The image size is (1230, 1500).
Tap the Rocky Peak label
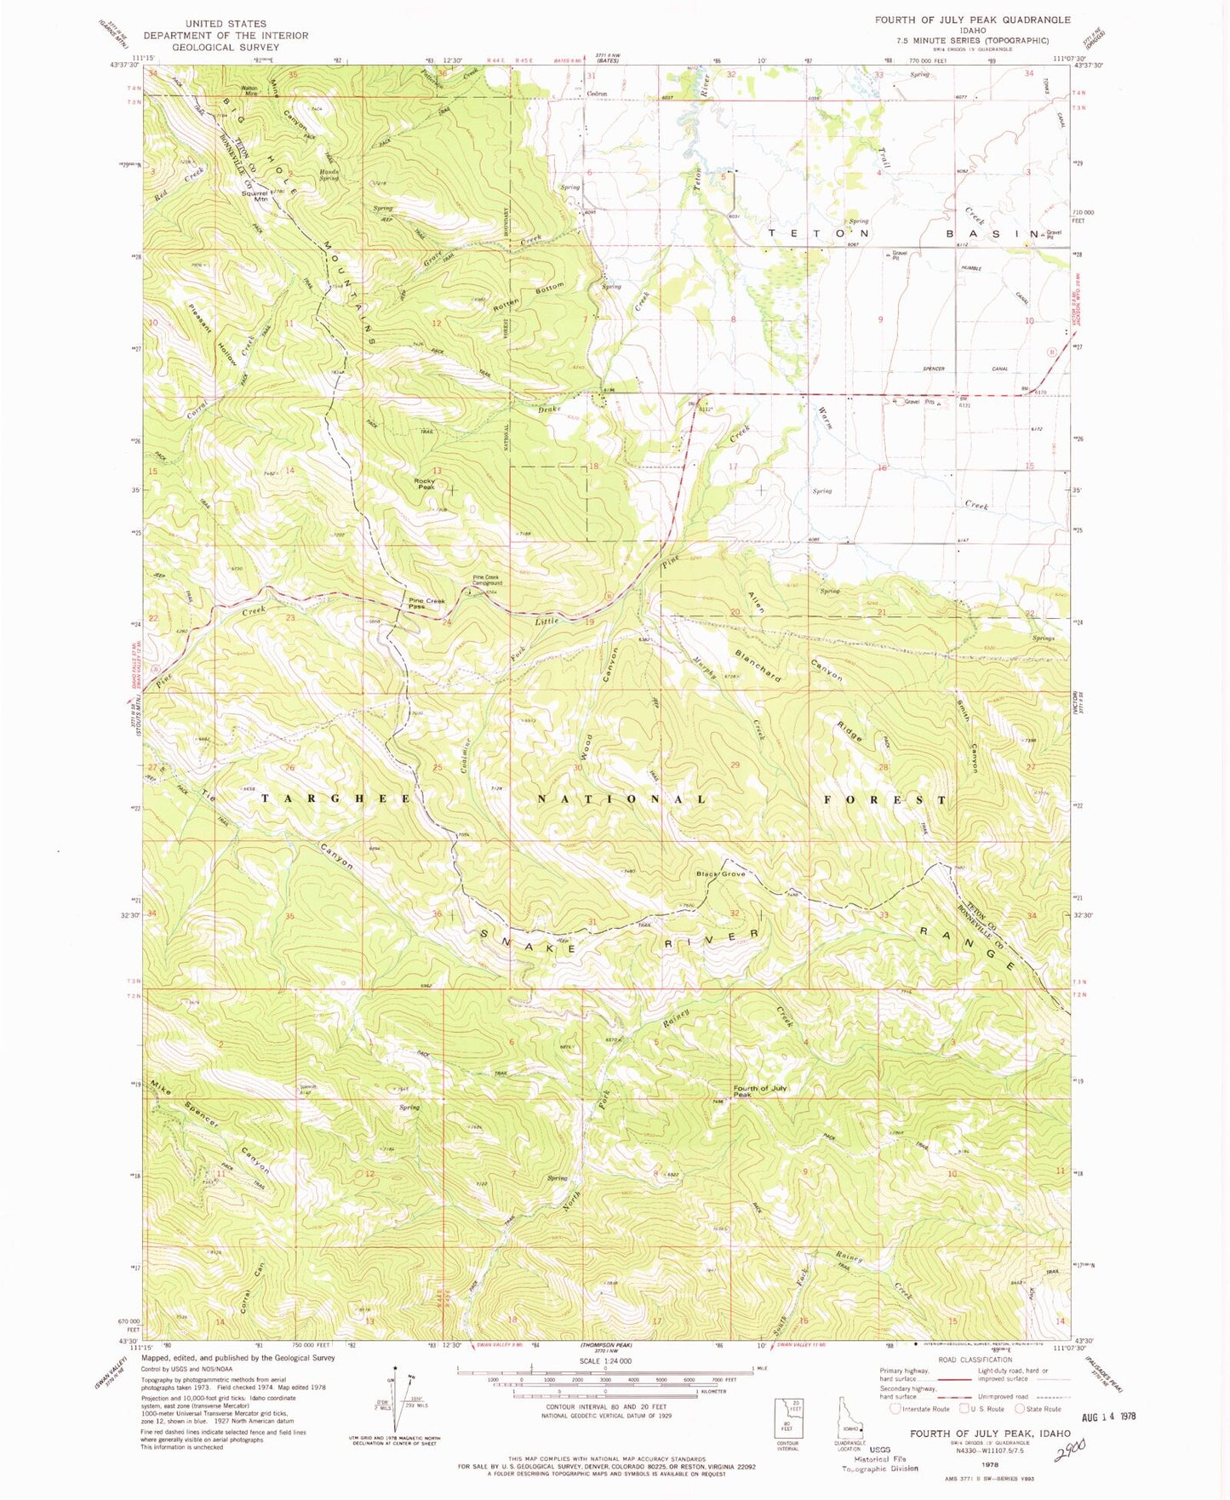[425, 484]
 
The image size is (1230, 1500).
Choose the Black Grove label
[721, 874]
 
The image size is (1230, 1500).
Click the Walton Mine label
[249, 90]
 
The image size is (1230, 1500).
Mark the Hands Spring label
[329, 175]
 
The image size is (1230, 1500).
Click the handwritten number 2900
[1069, 1447]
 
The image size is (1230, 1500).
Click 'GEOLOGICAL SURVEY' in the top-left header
[225, 48]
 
